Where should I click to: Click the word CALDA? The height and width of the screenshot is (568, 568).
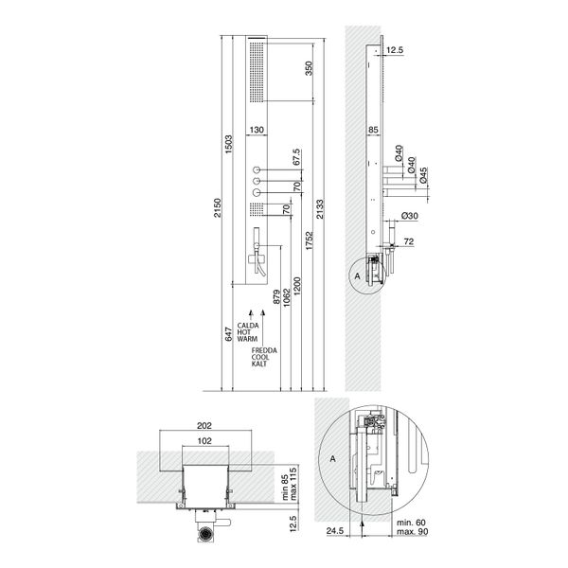(249, 325)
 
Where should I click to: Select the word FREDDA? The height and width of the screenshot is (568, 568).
(264, 350)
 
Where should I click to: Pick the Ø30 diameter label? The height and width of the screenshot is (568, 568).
(412, 217)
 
